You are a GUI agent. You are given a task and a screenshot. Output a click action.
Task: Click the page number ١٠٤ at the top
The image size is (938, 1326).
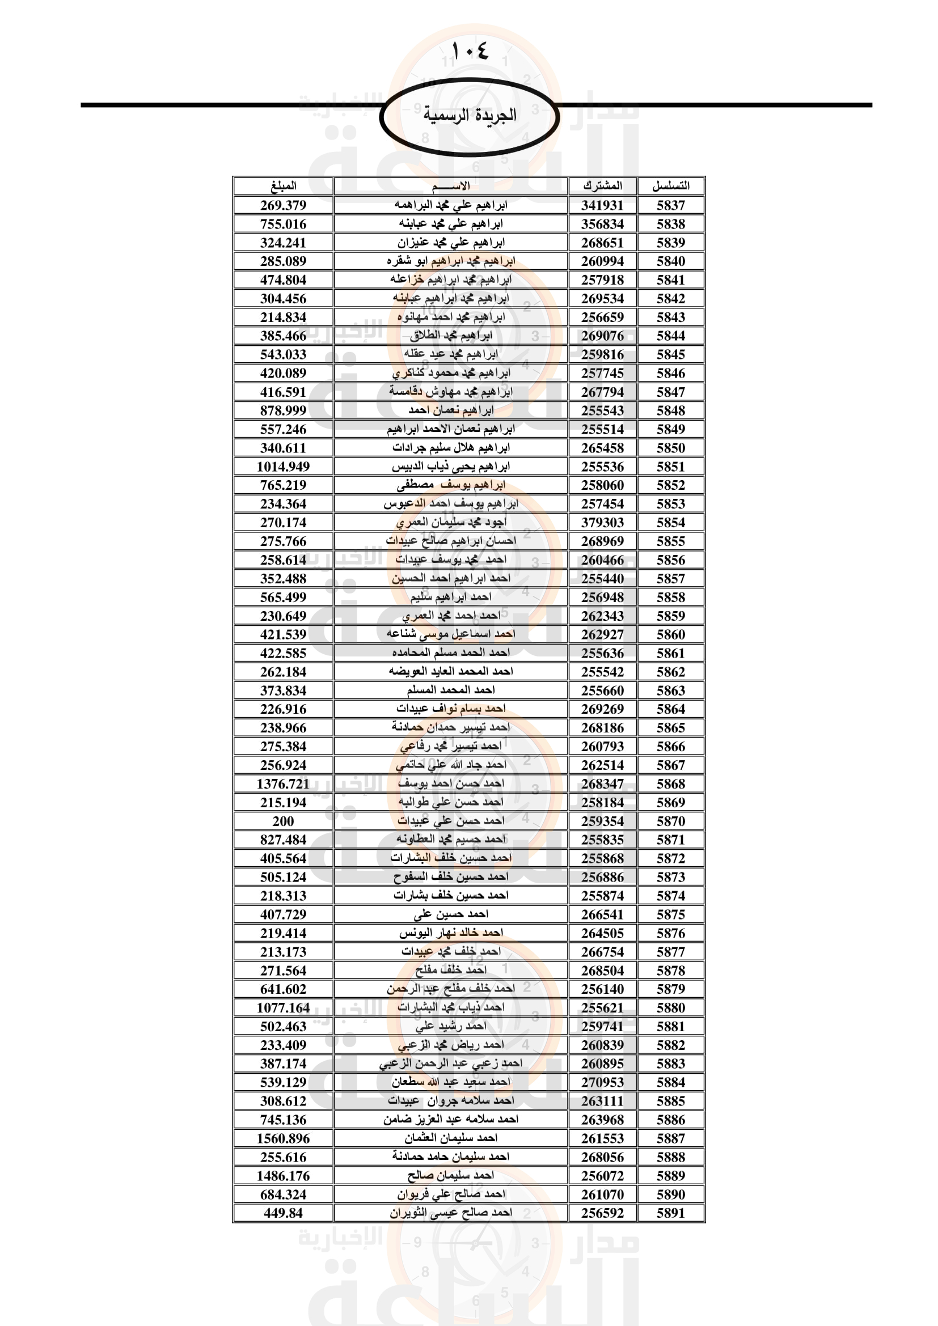470,52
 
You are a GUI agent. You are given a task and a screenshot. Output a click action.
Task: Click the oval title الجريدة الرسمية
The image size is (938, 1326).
469,116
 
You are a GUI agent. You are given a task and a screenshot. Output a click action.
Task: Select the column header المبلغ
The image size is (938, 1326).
283,186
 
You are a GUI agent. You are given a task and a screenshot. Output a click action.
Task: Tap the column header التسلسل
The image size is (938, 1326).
670,186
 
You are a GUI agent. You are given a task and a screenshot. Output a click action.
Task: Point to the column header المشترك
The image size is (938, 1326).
602,186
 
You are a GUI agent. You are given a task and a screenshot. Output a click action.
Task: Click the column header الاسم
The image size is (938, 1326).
450,186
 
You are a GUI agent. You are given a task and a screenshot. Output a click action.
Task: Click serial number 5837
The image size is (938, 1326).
670,205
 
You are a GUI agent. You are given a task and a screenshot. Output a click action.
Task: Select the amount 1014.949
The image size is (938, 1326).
283,467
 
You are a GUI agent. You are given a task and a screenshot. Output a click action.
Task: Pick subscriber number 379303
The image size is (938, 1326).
602,523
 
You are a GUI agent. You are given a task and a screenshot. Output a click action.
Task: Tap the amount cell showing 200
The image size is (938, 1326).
283,821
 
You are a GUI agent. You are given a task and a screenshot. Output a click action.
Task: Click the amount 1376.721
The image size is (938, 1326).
283,783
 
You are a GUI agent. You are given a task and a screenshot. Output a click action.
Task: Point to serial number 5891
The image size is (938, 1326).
670,1213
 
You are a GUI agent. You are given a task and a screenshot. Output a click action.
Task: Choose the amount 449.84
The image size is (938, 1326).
283,1213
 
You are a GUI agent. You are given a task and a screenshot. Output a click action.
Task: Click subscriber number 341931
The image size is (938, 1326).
602,205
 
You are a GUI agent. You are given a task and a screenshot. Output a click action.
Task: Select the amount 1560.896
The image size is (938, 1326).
283,1138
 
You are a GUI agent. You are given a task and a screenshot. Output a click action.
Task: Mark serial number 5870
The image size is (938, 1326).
670,821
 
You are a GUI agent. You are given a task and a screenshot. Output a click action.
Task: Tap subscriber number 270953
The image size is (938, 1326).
602,1082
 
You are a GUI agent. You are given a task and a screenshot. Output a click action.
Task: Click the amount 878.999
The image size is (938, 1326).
283,410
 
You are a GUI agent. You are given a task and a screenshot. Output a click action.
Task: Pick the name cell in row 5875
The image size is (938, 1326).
450,914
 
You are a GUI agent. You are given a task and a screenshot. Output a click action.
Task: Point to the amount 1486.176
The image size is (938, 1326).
283,1176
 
